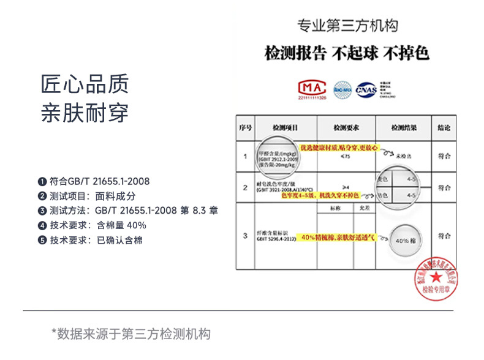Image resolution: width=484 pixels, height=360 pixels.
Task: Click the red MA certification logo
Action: click(312, 89)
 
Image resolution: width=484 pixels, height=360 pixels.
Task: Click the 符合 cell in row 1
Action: click(444, 156)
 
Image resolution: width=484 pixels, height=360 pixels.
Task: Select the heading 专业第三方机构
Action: click(347, 26)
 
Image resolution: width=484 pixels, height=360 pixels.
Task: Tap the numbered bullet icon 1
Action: click(42, 181)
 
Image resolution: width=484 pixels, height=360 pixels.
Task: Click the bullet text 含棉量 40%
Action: click(121, 225)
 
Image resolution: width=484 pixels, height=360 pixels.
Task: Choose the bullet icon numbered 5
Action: click(42, 240)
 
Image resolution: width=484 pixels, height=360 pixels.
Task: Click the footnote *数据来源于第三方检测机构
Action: click(131, 334)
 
